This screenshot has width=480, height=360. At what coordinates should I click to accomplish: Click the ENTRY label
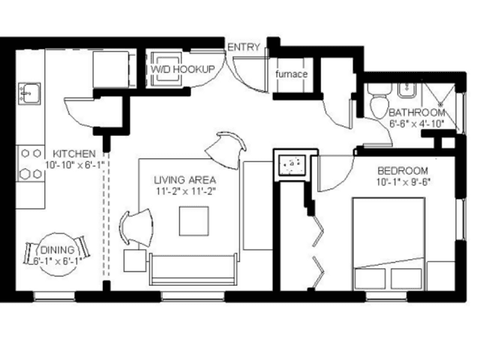pyautogui.click(x=244, y=47)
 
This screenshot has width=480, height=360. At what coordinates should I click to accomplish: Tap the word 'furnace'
pyautogui.click(x=291, y=74)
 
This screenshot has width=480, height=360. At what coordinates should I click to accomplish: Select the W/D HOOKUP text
pyautogui.click(x=183, y=69)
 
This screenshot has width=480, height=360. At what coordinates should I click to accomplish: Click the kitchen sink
pyautogui.click(x=29, y=93)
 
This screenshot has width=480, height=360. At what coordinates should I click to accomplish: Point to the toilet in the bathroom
pyautogui.click(x=379, y=101)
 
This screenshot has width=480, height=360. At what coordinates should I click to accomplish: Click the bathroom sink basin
pyautogui.click(x=406, y=91)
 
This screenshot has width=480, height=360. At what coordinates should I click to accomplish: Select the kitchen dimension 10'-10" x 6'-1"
pyautogui.click(x=75, y=165)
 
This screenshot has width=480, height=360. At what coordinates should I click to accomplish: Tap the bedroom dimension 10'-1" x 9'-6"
pyautogui.click(x=403, y=182)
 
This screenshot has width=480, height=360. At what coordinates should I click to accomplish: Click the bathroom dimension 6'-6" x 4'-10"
pyautogui.click(x=417, y=124)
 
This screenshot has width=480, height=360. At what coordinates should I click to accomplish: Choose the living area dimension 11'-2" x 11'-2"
pyautogui.click(x=186, y=192)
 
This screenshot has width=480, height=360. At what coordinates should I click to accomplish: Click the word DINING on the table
pyautogui.click(x=57, y=250)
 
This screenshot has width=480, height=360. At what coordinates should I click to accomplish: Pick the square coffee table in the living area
pyautogui.click(x=194, y=221)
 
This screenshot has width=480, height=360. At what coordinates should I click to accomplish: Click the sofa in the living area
pyautogui.click(x=193, y=269)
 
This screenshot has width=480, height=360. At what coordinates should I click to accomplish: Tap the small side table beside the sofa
pyautogui.click(x=135, y=260)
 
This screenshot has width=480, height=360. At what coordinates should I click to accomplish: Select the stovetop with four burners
pyautogui.click(x=31, y=163)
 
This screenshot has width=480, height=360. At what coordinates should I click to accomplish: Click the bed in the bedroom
pyautogui.click(x=388, y=244)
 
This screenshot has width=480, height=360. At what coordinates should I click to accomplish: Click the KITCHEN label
pyautogui.click(x=74, y=153)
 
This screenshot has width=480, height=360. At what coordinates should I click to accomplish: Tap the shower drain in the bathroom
pyautogui.click(x=442, y=104)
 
